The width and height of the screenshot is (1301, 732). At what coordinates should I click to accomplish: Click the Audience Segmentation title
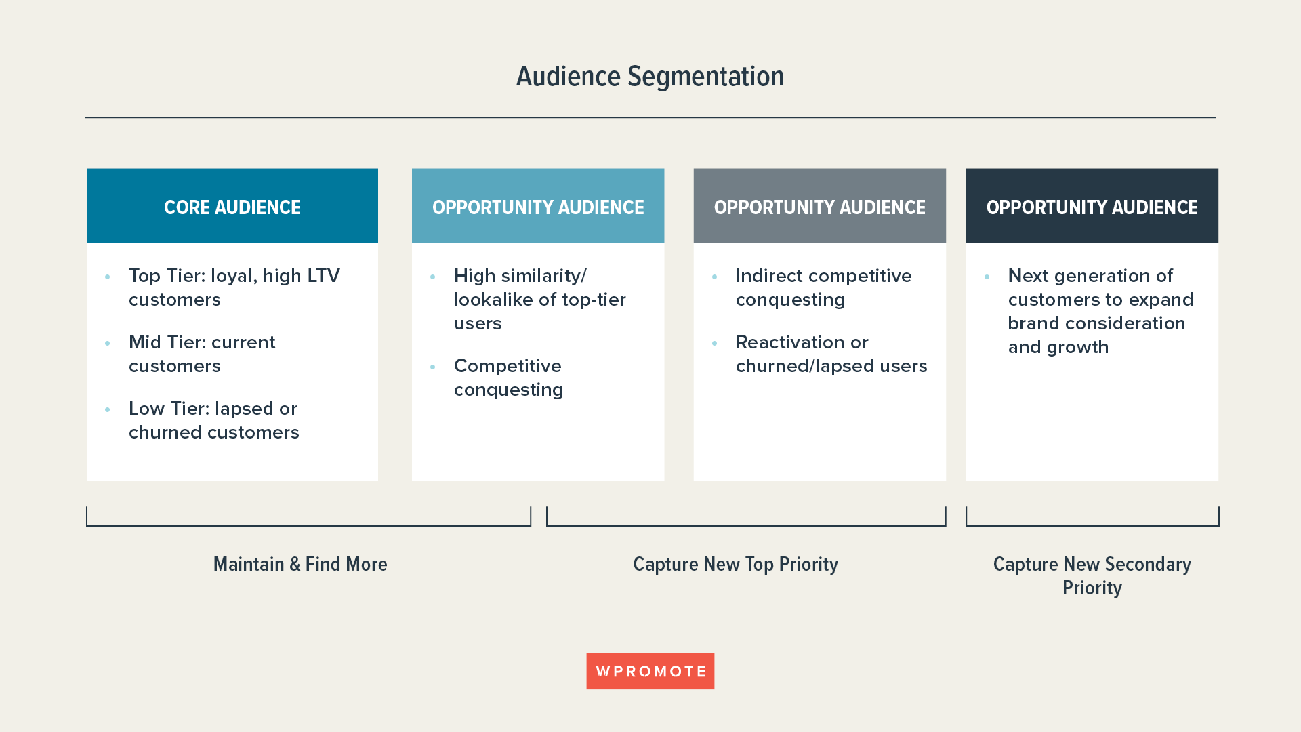(650, 77)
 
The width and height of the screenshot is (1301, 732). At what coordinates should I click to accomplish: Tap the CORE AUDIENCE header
(232, 207)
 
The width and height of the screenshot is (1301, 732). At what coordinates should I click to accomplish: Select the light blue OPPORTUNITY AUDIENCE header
(538, 207)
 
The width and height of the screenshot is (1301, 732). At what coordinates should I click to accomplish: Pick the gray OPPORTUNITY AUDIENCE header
(819, 207)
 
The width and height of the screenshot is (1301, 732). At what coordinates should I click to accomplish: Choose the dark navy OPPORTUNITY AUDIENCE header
(1092, 207)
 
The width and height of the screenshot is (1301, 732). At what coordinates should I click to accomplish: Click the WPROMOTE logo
(650, 671)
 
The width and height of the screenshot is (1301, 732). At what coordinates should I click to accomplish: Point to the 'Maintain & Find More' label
(300, 564)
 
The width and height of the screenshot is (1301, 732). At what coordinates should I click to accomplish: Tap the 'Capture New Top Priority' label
(735, 564)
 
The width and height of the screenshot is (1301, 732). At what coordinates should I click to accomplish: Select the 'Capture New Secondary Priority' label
(1092, 575)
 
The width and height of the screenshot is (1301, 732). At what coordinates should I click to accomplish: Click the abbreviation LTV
(323, 276)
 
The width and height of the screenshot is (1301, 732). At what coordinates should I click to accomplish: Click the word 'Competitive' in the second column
(508, 366)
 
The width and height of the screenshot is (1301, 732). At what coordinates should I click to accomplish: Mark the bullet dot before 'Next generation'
(987, 277)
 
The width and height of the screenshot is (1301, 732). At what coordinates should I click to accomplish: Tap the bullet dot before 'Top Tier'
(107, 277)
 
